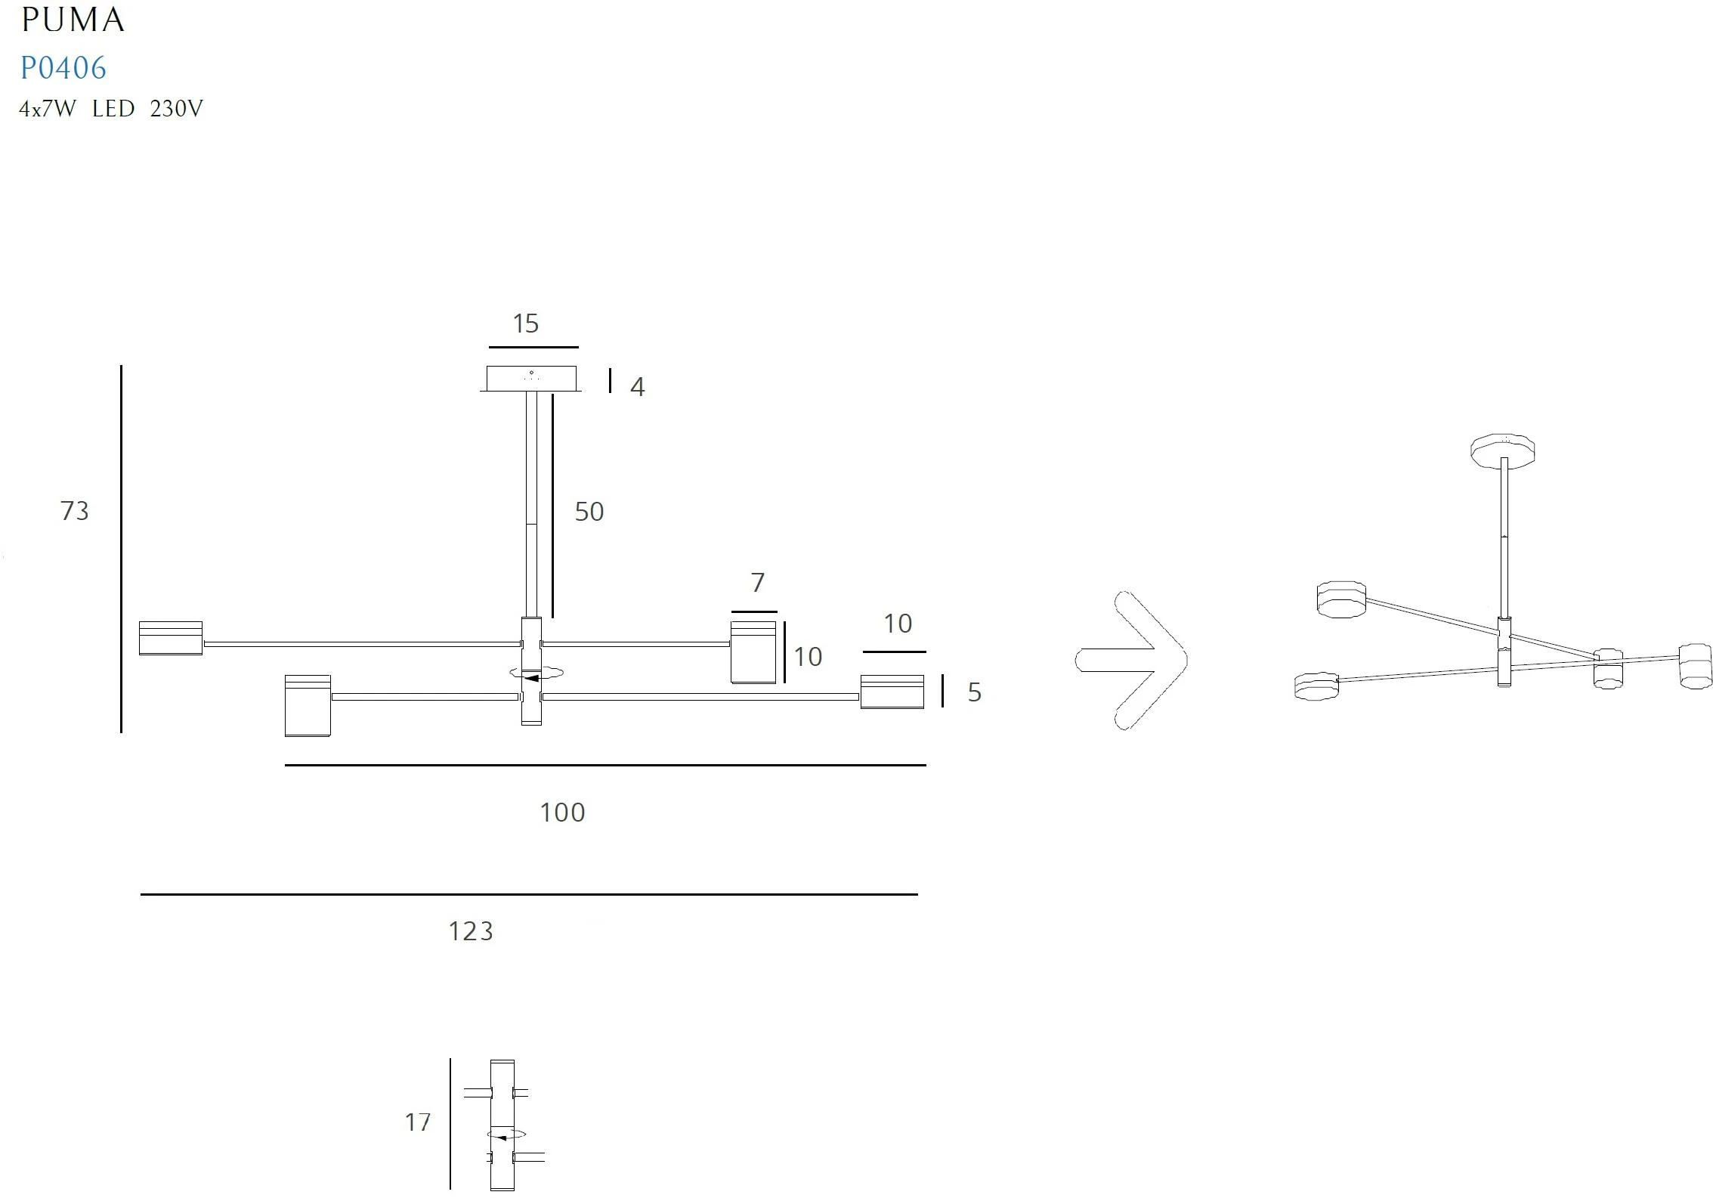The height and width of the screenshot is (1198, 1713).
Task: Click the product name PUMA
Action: (73, 20)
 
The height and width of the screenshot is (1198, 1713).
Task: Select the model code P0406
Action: (63, 68)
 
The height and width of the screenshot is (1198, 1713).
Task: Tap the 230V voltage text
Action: (177, 109)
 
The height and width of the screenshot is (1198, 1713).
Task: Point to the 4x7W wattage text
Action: (48, 109)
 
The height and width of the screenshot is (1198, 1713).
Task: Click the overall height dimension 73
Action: (75, 511)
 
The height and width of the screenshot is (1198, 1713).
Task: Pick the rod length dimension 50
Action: (589, 512)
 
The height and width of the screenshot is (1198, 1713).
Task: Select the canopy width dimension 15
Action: (525, 323)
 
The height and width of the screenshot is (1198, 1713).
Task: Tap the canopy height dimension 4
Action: (638, 387)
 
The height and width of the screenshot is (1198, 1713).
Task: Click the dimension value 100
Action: (562, 813)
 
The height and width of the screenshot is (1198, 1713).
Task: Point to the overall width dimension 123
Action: (471, 931)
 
